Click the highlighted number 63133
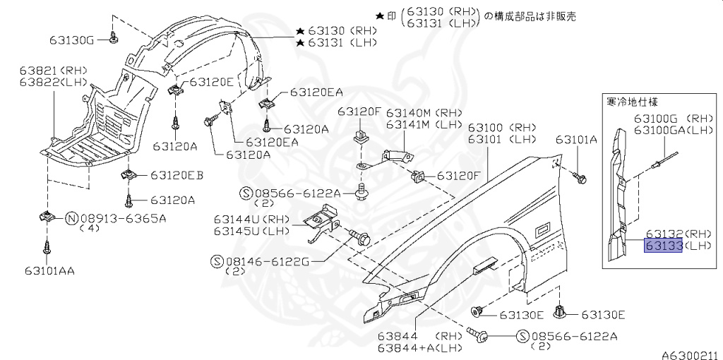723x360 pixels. (662, 246)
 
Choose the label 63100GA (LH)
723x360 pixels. (673, 130)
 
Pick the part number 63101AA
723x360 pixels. (49, 270)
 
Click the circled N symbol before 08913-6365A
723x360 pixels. (71, 218)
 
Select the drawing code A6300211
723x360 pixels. (689, 355)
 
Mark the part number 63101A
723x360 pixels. (576, 140)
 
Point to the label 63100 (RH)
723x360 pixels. (503, 128)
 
